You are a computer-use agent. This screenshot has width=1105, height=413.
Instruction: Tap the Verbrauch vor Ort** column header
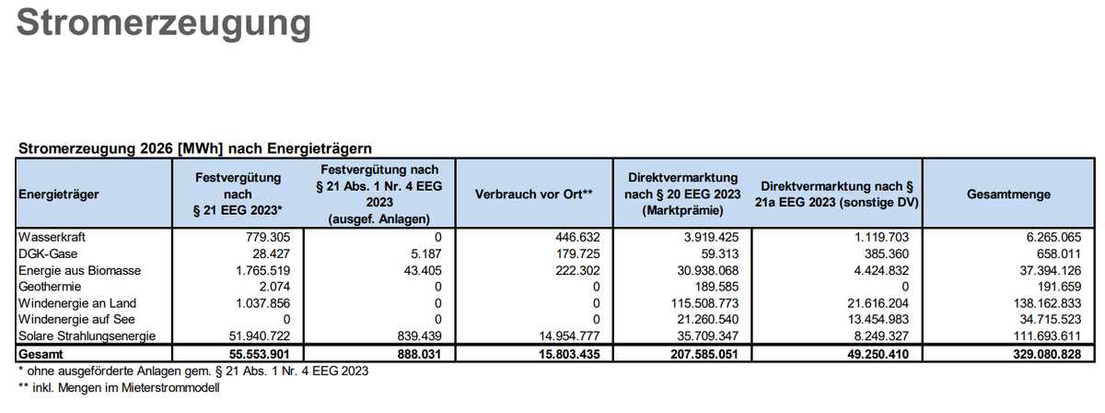533,195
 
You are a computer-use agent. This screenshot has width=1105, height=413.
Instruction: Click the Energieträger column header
55,195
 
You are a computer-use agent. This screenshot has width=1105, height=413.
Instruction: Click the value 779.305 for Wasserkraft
265,237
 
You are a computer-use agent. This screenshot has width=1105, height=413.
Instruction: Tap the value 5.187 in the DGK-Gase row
426,254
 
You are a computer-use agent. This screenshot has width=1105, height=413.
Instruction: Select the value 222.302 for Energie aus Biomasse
573,270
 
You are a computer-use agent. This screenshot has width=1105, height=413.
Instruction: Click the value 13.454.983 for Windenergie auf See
868,320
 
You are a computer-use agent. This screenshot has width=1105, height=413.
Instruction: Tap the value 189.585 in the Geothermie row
715,287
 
